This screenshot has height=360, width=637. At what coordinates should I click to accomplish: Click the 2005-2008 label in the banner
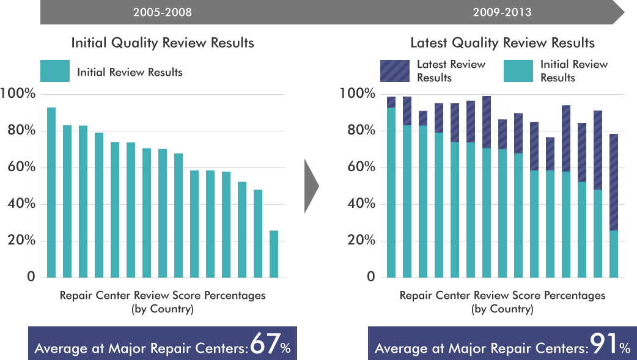coord(162,12)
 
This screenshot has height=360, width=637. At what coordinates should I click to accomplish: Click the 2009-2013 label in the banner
coord(502,12)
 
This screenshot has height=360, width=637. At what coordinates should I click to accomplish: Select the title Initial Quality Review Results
coord(163,43)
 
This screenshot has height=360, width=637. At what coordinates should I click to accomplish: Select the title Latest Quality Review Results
coord(502,43)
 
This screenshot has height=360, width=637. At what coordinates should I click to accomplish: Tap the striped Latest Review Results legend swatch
coord(395,71)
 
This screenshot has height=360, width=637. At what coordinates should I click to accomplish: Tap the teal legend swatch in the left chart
coord(55,72)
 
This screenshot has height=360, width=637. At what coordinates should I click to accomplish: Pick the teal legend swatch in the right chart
coord(518,71)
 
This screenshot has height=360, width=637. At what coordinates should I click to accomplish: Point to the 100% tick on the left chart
coord(18,94)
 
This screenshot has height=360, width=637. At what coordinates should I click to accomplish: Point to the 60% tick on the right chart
coord(361,167)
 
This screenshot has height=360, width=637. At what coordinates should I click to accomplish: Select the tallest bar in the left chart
coord(51,193)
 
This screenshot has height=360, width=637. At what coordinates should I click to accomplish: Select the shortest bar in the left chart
coord(274,254)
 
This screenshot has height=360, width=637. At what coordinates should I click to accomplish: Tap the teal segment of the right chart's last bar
coord(614,254)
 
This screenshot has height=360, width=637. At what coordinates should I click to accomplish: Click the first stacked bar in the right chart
coord(391,189)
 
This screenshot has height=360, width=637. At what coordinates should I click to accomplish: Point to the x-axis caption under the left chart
coord(163,302)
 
